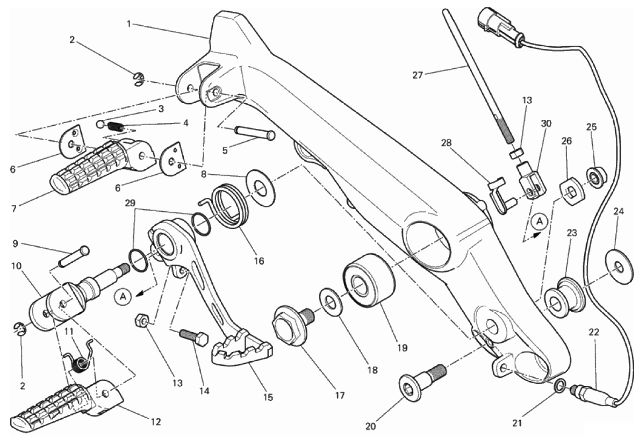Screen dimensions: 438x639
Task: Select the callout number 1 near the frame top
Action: (129, 23)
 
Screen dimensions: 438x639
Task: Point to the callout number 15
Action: (268, 398)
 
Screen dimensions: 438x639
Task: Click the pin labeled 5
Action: (255, 132)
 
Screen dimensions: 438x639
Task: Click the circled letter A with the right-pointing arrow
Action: (539, 221)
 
